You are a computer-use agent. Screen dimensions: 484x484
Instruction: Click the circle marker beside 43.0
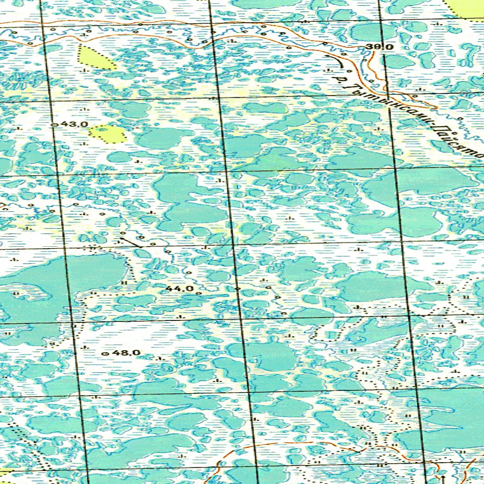coord(53,125)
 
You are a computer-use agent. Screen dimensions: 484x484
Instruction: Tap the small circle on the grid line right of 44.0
coord(237,288)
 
